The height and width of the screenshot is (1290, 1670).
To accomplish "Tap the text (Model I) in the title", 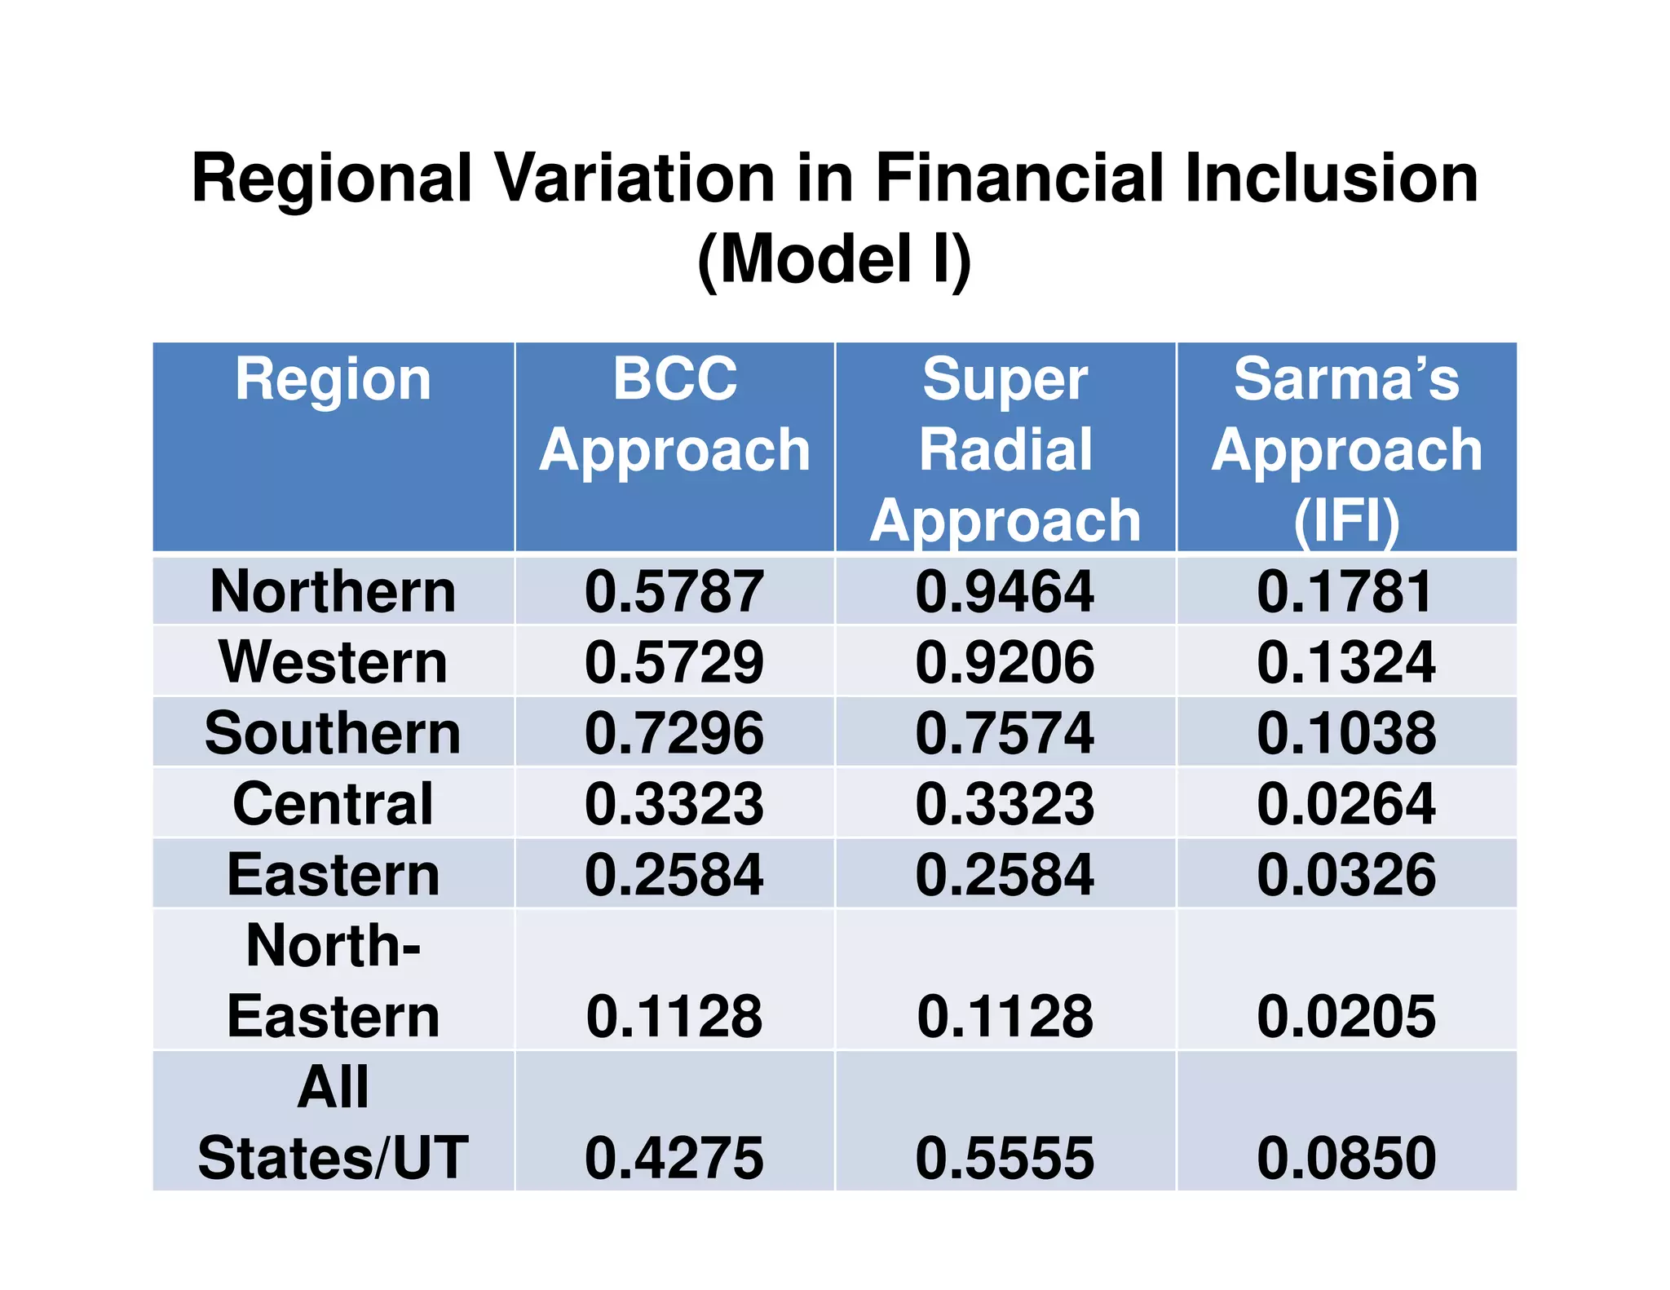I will (834, 259).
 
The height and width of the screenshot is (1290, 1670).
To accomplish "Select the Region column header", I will (333, 380).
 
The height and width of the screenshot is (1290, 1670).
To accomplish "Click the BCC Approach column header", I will (674, 414).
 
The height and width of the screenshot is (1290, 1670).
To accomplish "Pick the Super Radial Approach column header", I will (1005, 449).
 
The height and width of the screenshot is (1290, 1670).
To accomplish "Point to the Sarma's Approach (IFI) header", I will (1346, 449).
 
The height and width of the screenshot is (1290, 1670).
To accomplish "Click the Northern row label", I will (333, 591).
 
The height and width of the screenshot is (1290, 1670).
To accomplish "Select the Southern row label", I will (333, 732).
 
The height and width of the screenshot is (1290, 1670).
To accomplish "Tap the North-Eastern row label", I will (333, 981).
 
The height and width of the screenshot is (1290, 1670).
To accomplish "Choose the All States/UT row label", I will (333, 1123).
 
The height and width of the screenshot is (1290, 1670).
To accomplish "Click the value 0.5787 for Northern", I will (674, 591).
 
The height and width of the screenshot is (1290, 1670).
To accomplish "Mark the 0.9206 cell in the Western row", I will (1005, 661).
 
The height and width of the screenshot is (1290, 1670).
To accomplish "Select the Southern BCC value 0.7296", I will (674, 732).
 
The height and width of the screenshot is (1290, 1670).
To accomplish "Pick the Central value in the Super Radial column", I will (1005, 803).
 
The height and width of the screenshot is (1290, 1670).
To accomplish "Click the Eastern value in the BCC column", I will (674, 874).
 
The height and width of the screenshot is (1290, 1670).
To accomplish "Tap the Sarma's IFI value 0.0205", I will (1346, 1016).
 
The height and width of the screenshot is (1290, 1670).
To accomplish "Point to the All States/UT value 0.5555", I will (1005, 1158).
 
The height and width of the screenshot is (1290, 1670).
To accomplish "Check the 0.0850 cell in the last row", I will (1346, 1158).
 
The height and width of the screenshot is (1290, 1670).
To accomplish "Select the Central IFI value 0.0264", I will (1346, 803).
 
